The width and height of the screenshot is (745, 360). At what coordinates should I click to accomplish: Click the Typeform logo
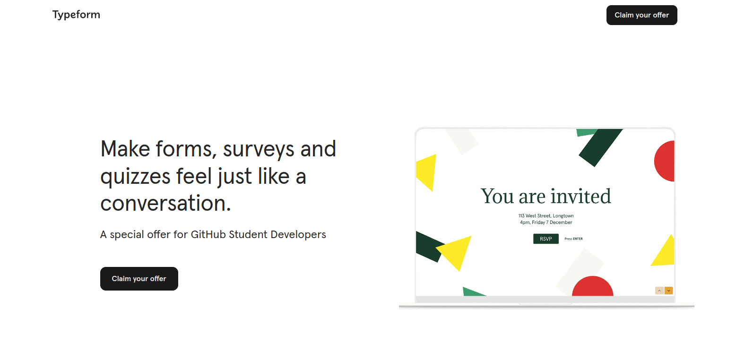76,15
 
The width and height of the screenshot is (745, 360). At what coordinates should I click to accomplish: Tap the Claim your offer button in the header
641,15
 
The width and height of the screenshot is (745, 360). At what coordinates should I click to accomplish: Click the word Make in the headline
125,149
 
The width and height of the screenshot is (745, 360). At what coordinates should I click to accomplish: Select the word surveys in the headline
259,150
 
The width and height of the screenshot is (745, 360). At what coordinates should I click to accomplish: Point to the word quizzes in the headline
135,177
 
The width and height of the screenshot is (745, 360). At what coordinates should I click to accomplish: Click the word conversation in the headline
162,203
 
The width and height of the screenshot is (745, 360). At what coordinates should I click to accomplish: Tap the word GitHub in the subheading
208,234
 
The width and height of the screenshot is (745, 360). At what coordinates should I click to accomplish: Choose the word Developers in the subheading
298,235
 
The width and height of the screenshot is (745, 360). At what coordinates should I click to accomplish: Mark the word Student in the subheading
248,234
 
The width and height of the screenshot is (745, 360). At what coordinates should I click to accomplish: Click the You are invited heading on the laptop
546,196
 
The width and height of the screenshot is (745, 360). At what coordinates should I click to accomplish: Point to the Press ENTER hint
573,239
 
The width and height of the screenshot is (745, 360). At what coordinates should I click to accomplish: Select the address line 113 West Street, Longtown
546,216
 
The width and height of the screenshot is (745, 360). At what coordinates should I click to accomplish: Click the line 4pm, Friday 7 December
546,223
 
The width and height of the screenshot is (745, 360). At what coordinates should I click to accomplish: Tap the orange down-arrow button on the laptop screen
668,291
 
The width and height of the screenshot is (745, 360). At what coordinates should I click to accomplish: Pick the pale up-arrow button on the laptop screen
659,291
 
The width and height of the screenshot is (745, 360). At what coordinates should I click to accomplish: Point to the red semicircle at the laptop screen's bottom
593,287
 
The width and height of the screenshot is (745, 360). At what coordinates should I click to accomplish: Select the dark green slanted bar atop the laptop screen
600,147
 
